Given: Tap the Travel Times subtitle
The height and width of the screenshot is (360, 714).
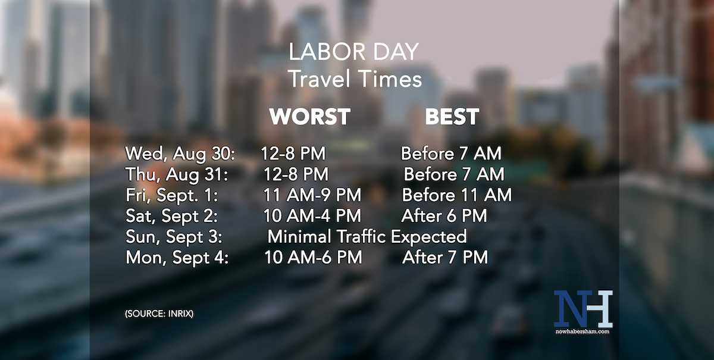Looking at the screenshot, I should click(355, 79).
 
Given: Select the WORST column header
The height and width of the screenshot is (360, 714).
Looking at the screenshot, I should click(309, 117).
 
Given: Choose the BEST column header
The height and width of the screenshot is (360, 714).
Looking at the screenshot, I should click(452, 117).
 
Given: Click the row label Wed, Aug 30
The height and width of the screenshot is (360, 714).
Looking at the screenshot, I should click(180, 154).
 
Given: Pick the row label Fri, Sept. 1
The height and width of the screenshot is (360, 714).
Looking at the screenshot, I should click(172, 195).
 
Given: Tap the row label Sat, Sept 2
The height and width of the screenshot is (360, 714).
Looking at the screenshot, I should click(172, 215).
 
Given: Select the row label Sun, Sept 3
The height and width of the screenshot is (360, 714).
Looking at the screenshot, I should click(174, 236).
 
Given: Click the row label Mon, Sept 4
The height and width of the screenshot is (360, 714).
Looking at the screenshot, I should click(177, 257).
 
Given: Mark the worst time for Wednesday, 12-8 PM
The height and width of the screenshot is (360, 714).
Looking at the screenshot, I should click(293, 154).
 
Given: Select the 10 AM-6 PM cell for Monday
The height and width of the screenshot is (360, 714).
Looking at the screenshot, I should click(313, 257).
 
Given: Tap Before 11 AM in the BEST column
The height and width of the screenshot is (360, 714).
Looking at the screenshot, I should click(456, 195).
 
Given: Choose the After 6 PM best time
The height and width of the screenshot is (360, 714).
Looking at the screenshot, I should click(444, 215).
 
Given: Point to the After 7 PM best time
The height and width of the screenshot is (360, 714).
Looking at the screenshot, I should click(445, 257).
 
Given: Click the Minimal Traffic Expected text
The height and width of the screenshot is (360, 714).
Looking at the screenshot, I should click(367, 236).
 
